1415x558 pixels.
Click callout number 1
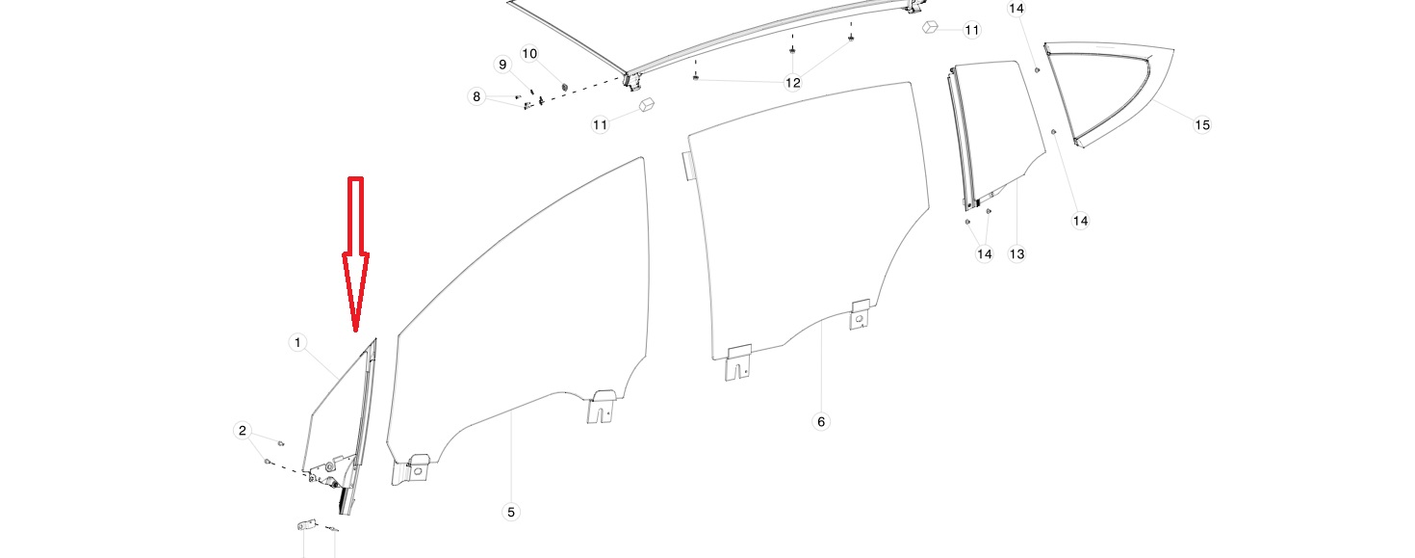pos(297,342)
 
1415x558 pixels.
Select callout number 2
pos(243,431)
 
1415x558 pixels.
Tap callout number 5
pos(511,512)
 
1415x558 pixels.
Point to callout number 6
pos(820,421)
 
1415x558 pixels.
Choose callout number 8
pos(476,96)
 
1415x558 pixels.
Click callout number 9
pos(502,65)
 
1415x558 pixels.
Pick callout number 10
pos(529,52)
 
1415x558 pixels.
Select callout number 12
pos(792,83)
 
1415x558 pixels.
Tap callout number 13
pos(1016,253)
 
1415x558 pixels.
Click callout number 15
pos(1201,124)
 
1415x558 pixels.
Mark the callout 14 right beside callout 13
pos(984,253)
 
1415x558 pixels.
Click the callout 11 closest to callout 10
pos(601,124)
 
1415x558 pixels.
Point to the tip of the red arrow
pos(356,331)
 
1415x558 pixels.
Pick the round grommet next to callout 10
pos(563,76)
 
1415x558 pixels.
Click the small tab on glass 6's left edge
pos(685,165)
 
